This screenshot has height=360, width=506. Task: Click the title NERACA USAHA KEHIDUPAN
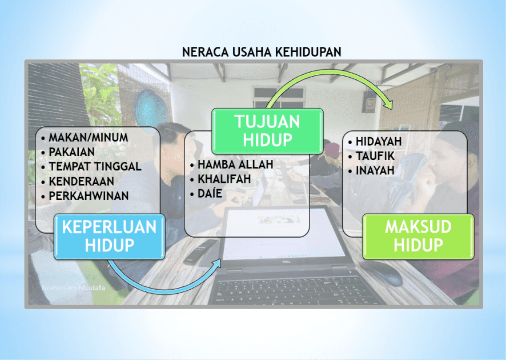coord(262,52)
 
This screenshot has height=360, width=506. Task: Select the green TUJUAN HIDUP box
coord(267,131)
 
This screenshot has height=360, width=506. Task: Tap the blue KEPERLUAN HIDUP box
coord(110,237)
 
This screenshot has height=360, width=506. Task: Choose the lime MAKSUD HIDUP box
coord(418,237)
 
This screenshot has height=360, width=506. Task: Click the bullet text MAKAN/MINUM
coord(89,138)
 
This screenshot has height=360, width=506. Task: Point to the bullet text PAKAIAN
coord(71,152)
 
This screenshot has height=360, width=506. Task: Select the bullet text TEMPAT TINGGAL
coord(95,167)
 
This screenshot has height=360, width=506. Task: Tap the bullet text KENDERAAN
coord(81,182)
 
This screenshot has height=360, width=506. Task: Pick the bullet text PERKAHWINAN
coord(89,196)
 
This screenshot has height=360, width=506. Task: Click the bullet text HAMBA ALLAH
coord(235,165)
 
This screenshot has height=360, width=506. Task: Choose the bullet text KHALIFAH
coord(224,179)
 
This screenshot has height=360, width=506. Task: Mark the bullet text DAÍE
coord(210,193)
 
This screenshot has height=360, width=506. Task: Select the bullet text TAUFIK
coord(375,156)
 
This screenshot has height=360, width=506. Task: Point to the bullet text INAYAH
coord(375,170)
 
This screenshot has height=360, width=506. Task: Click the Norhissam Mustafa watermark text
coord(74,287)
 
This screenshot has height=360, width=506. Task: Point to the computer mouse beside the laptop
coord(381,273)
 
